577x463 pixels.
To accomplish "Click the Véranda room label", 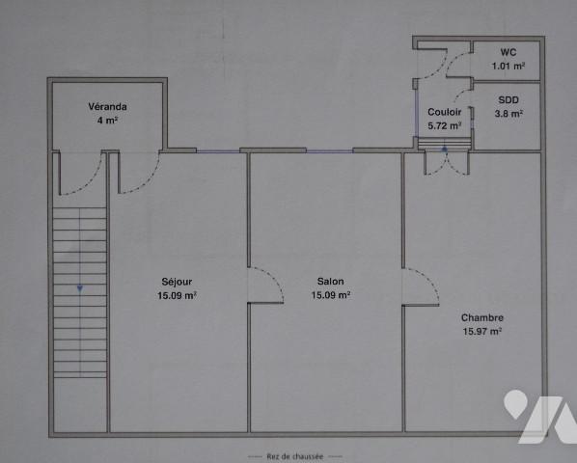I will coord(107,107).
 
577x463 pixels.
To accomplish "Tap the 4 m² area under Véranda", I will coord(107,121).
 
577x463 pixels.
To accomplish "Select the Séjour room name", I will coord(178,283).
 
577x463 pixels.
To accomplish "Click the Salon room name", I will coord(330,283).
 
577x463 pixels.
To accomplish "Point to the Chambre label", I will coord(481,318).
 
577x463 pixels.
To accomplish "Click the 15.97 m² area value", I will coord(481,332).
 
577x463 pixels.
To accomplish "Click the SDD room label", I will coord(508,100).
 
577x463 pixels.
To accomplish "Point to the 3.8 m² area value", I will coord(508,114).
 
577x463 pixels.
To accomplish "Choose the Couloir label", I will coord(444,112).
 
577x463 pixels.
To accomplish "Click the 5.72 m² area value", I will coord(444,125).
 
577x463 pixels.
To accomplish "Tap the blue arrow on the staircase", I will coord(79,288).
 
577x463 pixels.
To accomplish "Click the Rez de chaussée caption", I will coord(295,454).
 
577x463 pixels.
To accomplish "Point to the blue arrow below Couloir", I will coord(443,150).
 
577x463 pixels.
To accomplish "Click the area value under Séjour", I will coord(178,296).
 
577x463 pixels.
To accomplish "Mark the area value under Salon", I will coord(330,296).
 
